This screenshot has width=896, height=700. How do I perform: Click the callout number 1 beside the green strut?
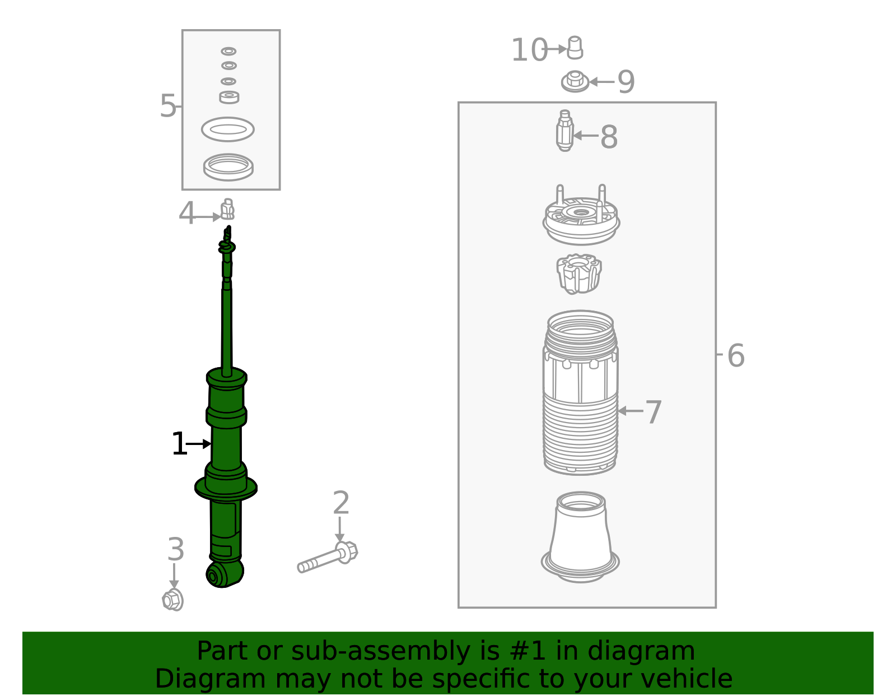[x=179, y=444]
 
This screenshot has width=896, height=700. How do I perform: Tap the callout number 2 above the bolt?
[x=340, y=503]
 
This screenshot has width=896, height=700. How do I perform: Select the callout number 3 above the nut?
[x=175, y=549]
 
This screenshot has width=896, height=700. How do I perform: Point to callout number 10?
[x=529, y=50]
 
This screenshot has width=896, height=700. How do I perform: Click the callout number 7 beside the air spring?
[x=653, y=412]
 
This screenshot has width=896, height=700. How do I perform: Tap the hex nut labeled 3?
[x=172, y=600]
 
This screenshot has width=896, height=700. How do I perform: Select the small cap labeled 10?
[x=575, y=48]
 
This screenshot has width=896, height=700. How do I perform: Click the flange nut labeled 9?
[x=575, y=82]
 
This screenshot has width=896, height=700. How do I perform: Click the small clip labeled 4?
[x=227, y=210]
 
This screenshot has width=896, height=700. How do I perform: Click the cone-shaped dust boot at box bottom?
[x=580, y=538]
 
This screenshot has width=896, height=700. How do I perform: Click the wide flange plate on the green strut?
[x=226, y=487]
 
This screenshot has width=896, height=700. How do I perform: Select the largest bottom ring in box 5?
[x=228, y=167]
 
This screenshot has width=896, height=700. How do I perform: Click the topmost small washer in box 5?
[x=228, y=51]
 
